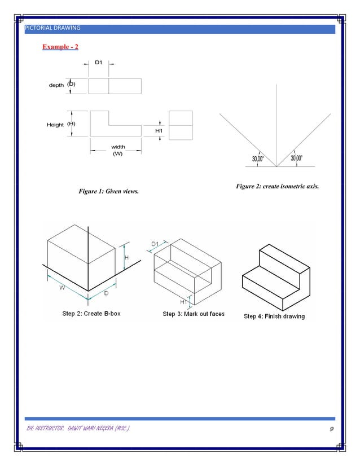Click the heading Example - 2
coord(60,46)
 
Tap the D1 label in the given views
coord(98,61)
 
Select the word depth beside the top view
coord(56,85)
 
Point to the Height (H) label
coord(61,124)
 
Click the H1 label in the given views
coord(159,131)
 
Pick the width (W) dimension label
coord(118,150)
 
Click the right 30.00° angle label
coord(296,159)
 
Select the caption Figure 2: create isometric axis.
coord(278,186)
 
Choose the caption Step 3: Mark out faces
coord(194,314)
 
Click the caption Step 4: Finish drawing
coord(274,316)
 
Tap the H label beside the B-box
coord(126,258)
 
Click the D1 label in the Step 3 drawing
coord(155,244)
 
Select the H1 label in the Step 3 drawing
coord(183,302)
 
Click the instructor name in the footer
coord(80,430)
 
